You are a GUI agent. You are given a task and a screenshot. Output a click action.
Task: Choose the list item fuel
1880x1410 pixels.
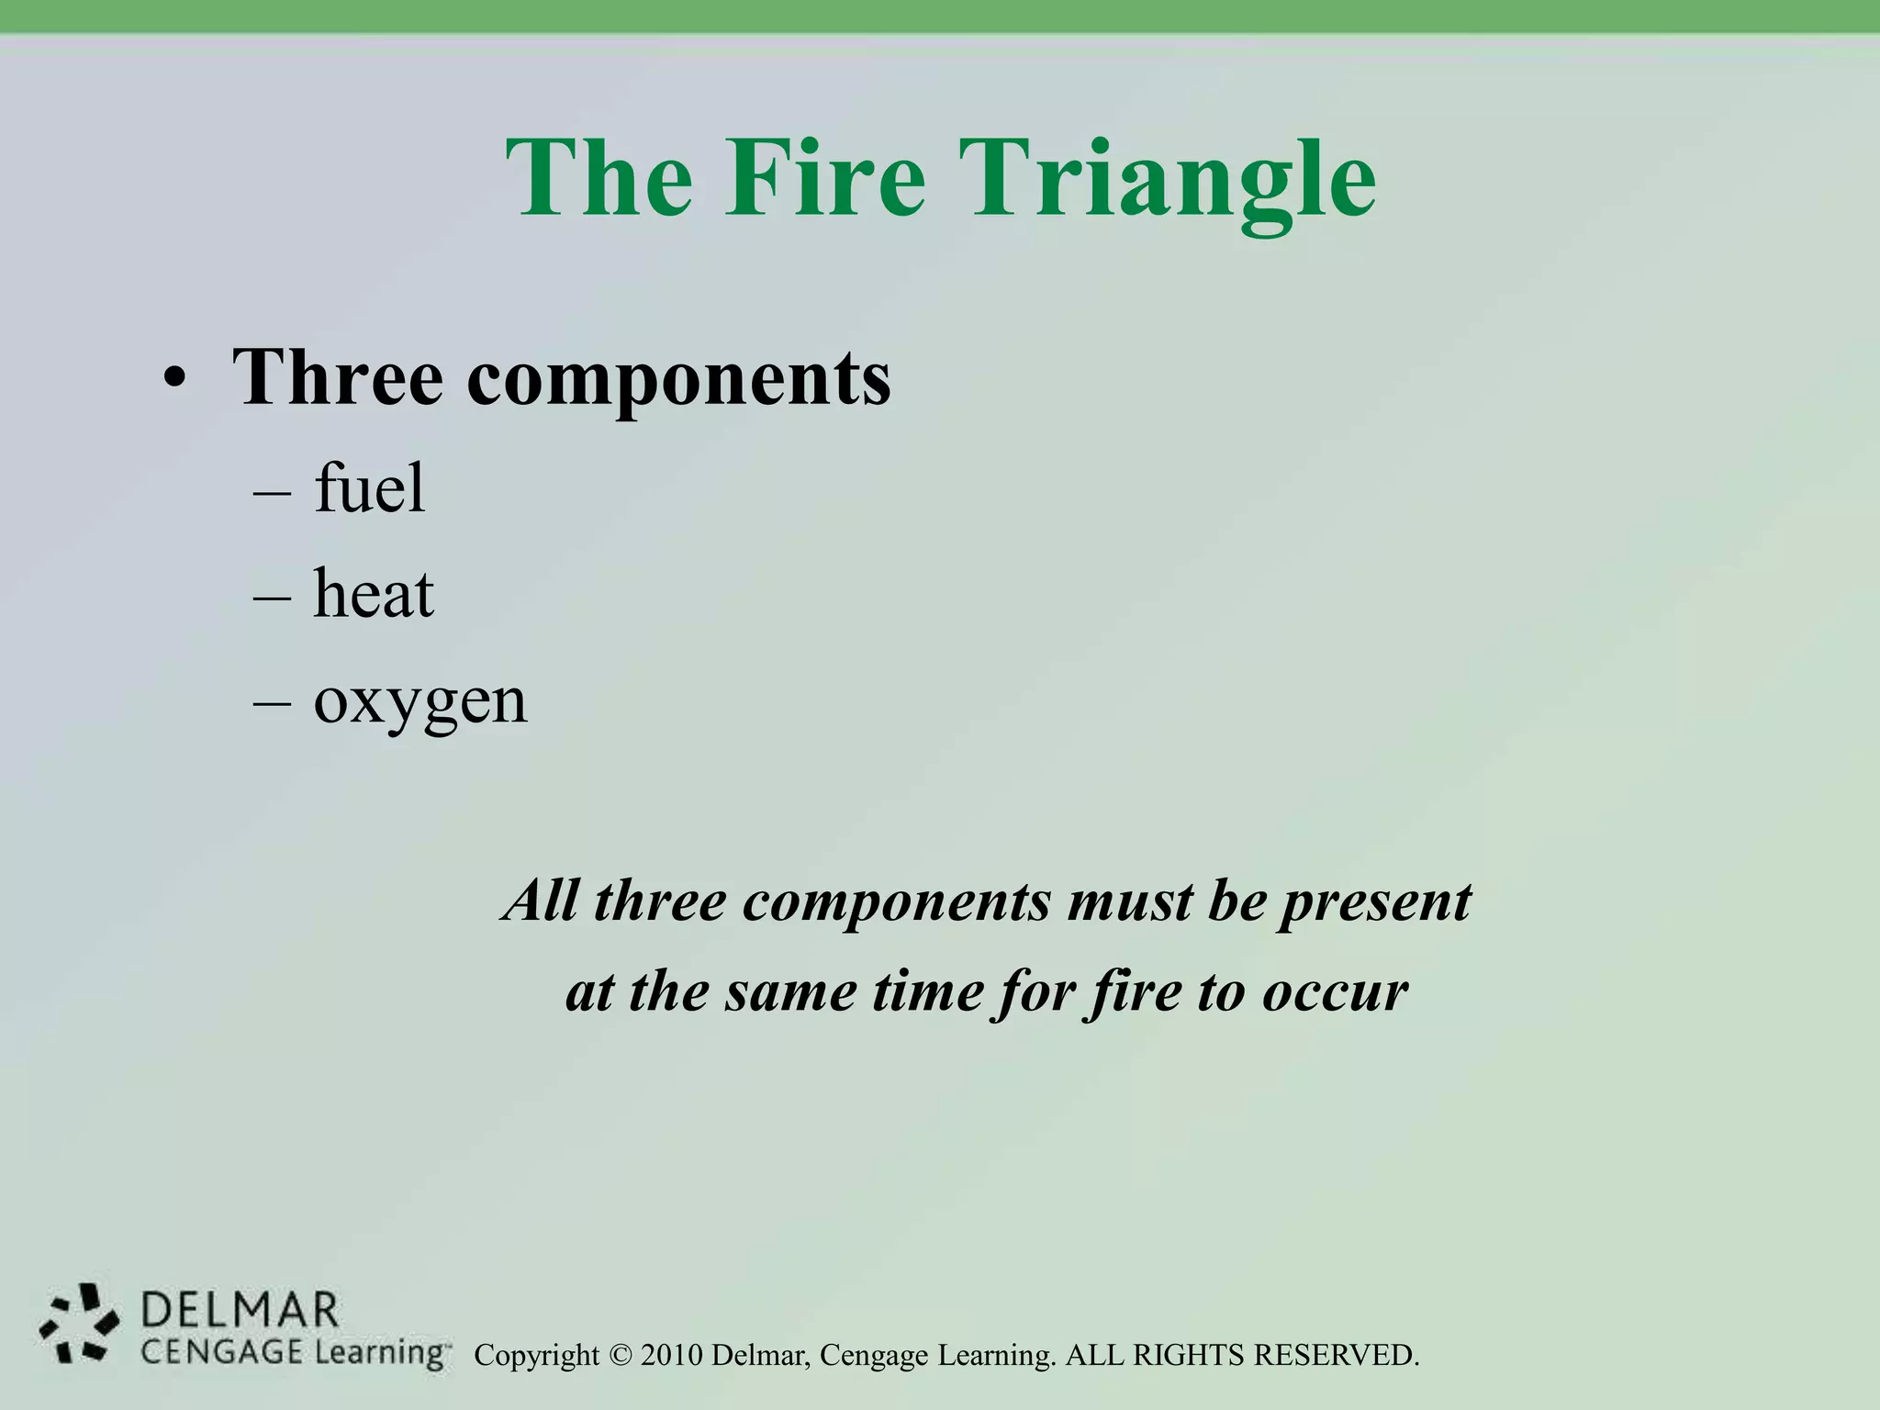[370, 487]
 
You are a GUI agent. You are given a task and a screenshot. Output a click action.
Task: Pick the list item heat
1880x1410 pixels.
[374, 594]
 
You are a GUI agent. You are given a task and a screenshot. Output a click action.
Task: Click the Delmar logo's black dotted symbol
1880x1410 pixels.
[79, 1323]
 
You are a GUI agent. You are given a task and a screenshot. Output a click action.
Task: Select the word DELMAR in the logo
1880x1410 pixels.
[241, 1309]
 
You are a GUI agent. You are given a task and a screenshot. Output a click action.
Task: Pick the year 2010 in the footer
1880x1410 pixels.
[672, 1355]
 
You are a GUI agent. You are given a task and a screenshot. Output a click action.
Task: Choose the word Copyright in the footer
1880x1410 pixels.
[536, 1356]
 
